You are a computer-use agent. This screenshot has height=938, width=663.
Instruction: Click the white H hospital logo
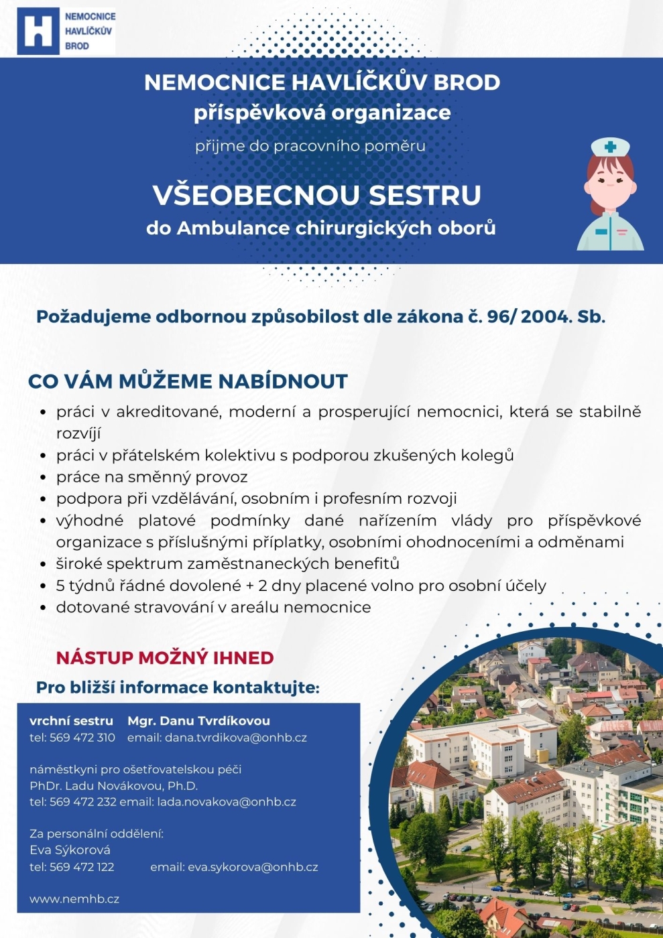[x=38, y=31]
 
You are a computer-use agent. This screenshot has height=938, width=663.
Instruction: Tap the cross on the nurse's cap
[x=610, y=147]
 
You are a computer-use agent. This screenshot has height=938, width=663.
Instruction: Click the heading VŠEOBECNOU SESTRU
[x=316, y=195]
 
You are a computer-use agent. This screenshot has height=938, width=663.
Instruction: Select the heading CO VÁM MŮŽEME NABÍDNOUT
[x=188, y=381]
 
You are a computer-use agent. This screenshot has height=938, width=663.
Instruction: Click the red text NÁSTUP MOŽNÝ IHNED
[x=165, y=657]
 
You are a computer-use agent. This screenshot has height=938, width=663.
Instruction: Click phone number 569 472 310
[x=82, y=738]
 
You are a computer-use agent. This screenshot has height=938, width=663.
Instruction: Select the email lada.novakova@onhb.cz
[x=227, y=802]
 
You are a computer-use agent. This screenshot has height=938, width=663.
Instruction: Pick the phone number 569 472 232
[x=82, y=802]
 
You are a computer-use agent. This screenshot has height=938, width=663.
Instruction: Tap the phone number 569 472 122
[x=82, y=867]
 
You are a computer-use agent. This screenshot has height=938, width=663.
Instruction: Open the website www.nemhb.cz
[x=74, y=899]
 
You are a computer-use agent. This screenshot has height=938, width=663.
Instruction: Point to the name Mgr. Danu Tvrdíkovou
[x=198, y=721]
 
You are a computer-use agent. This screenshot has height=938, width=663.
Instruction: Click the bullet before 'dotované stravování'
[x=43, y=608]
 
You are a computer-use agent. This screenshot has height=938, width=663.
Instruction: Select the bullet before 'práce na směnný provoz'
[x=43, y=478]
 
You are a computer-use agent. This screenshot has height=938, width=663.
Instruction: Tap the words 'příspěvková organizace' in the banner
[x=322, y=113]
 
